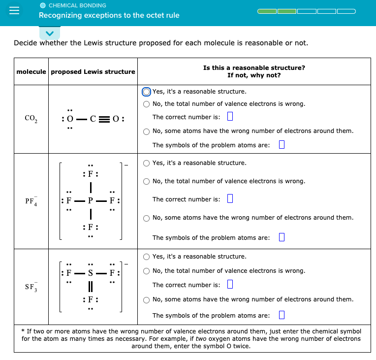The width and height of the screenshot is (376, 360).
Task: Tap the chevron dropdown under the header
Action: [49, 33]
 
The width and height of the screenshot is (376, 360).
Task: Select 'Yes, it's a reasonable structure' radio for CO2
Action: [147, 92]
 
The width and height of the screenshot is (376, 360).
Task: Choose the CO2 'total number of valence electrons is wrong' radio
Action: [147, 104]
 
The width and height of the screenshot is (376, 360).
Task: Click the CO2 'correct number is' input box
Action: [229, 117]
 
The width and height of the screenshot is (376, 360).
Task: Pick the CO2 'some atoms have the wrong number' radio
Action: [147, 131]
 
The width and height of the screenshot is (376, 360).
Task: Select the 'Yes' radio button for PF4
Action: [147, 163]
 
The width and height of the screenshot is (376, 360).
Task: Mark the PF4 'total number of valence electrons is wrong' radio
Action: [147, 181]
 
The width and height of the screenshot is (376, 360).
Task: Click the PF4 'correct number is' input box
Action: [229, 199]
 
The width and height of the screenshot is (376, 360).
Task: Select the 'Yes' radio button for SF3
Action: [147, 257]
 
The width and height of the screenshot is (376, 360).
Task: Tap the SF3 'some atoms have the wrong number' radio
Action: [147, 299]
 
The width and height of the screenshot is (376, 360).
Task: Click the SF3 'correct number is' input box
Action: [229, 285]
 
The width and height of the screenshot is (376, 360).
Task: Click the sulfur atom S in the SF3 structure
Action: [91, 271]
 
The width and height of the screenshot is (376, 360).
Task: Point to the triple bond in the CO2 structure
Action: [104, 119]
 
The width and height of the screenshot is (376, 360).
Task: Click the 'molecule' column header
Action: [31, 72]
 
